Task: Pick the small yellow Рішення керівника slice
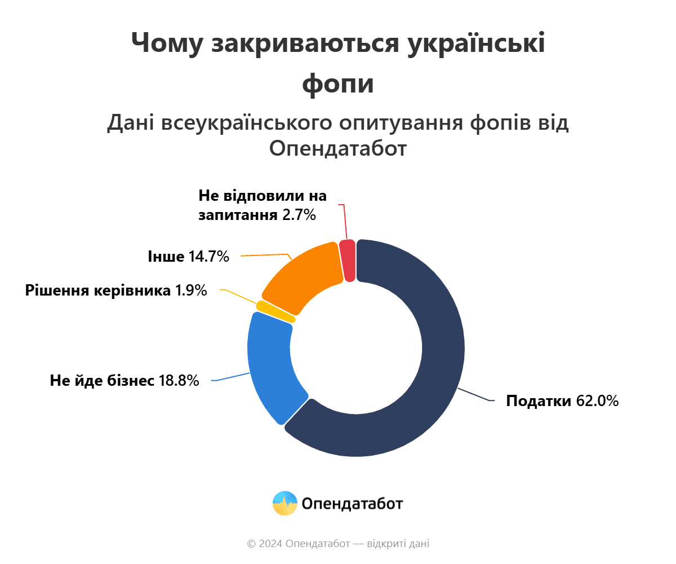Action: [275, 312]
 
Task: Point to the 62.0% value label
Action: [597, 401]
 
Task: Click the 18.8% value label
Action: [179, 381]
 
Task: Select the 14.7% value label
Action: [208, 257]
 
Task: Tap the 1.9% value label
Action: [191, 291]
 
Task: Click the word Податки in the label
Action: [539, 401]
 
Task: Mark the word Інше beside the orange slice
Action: [166, 257]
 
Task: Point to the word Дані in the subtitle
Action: [131, 123]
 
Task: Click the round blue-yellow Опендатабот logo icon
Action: [284, 503]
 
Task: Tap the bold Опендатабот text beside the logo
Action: [352, 503]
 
